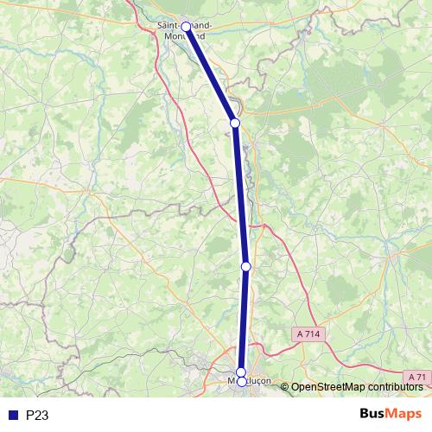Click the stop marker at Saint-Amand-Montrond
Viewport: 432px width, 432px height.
pos(186,28)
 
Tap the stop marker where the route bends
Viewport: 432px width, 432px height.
pos(235,123)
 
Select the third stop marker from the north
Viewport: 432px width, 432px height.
pos(245,266)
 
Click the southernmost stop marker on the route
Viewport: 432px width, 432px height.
pos(242,381)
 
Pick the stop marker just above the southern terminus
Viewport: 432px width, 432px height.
pos(241,372)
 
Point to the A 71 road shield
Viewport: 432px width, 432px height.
pos(418,377)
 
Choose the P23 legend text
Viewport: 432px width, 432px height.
pos(36,416)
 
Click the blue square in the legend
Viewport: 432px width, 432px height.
pos(12,416)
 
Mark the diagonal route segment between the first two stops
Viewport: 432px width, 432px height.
pos(211,76)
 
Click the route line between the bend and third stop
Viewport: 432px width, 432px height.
pos(240,194)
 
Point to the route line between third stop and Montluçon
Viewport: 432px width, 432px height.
pos(244,320)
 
